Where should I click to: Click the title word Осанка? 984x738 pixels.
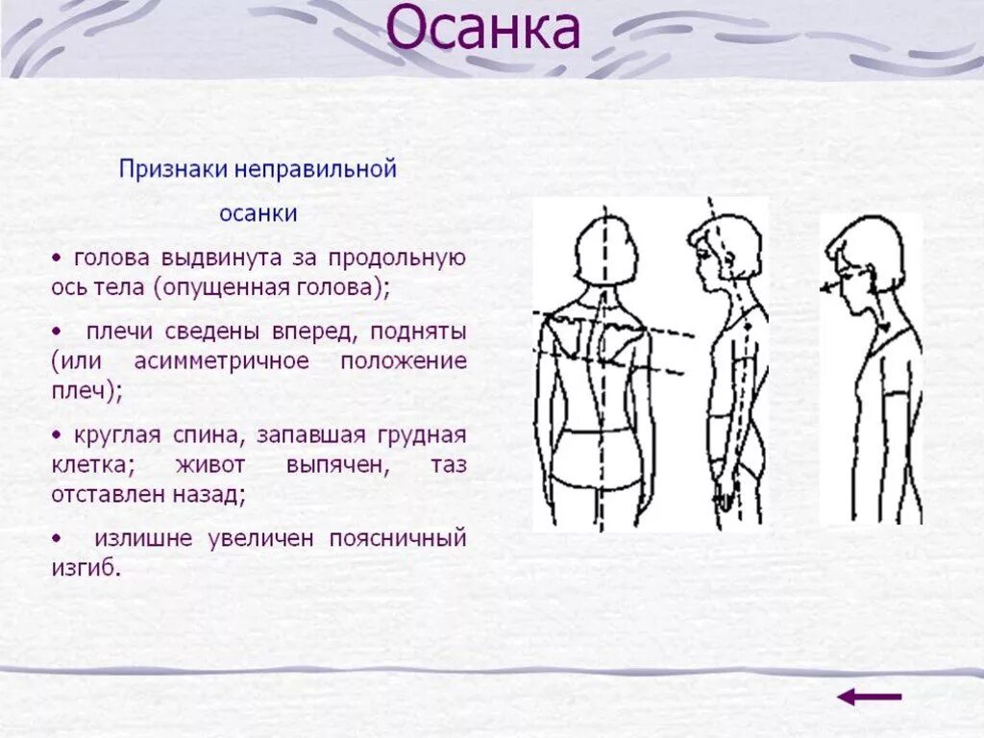coord(483,29)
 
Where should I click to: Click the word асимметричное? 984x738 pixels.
coord(222,361)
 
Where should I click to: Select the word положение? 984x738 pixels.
coord(403,361)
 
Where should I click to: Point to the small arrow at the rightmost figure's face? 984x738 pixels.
coord(828,285)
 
